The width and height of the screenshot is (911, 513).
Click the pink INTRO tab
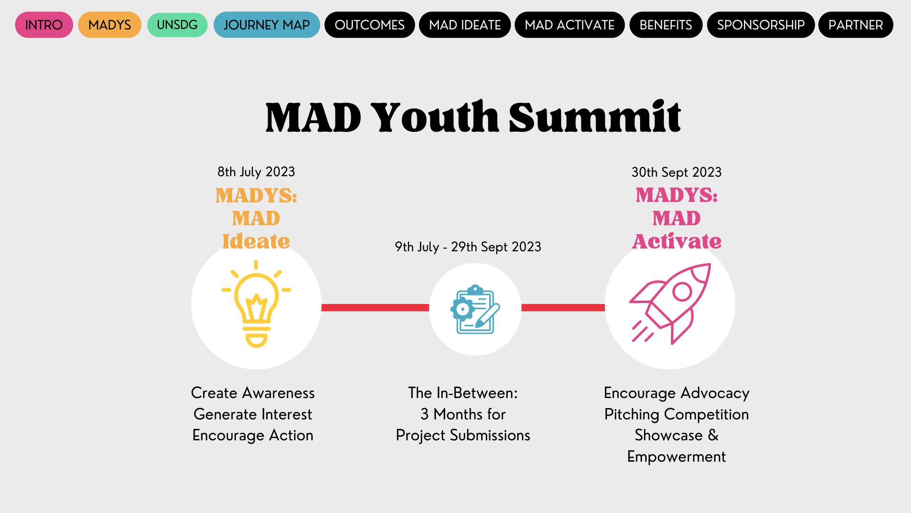[x=44, y=25]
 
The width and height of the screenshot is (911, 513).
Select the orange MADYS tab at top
[x=110, y=25]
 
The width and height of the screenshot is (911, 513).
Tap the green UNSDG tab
[x=177, y=25]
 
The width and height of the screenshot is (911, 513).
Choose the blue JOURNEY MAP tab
[x=267, y=25]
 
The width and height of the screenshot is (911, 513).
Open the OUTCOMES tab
[x=370, y=25]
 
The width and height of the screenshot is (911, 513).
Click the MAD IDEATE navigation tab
[x=465, y=25]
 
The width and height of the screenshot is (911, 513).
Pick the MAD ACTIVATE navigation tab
[x=569, y=25]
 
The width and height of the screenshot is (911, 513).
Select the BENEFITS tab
[x=666, y=25]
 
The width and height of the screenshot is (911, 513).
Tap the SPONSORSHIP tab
[x=761, y=25]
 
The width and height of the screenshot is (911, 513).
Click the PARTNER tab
[x=855, y=25]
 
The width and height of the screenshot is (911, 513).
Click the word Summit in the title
[x=595, y=117]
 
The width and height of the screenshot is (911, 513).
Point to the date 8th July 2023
[x=256, y=172]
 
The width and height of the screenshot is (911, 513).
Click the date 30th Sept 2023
[x=676, y=172]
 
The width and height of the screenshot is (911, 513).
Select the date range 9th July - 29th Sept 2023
[x=468, y=247]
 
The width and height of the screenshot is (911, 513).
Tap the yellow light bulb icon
[x=256, y=304]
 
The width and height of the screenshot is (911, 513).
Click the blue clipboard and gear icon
[x=475, y=309]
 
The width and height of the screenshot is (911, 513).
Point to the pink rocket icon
[x=670, y=304]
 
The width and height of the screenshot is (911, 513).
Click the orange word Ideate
[x=256, y=241]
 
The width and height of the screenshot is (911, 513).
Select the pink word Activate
[x=677, y=241]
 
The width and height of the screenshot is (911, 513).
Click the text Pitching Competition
[x=676, y=414]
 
